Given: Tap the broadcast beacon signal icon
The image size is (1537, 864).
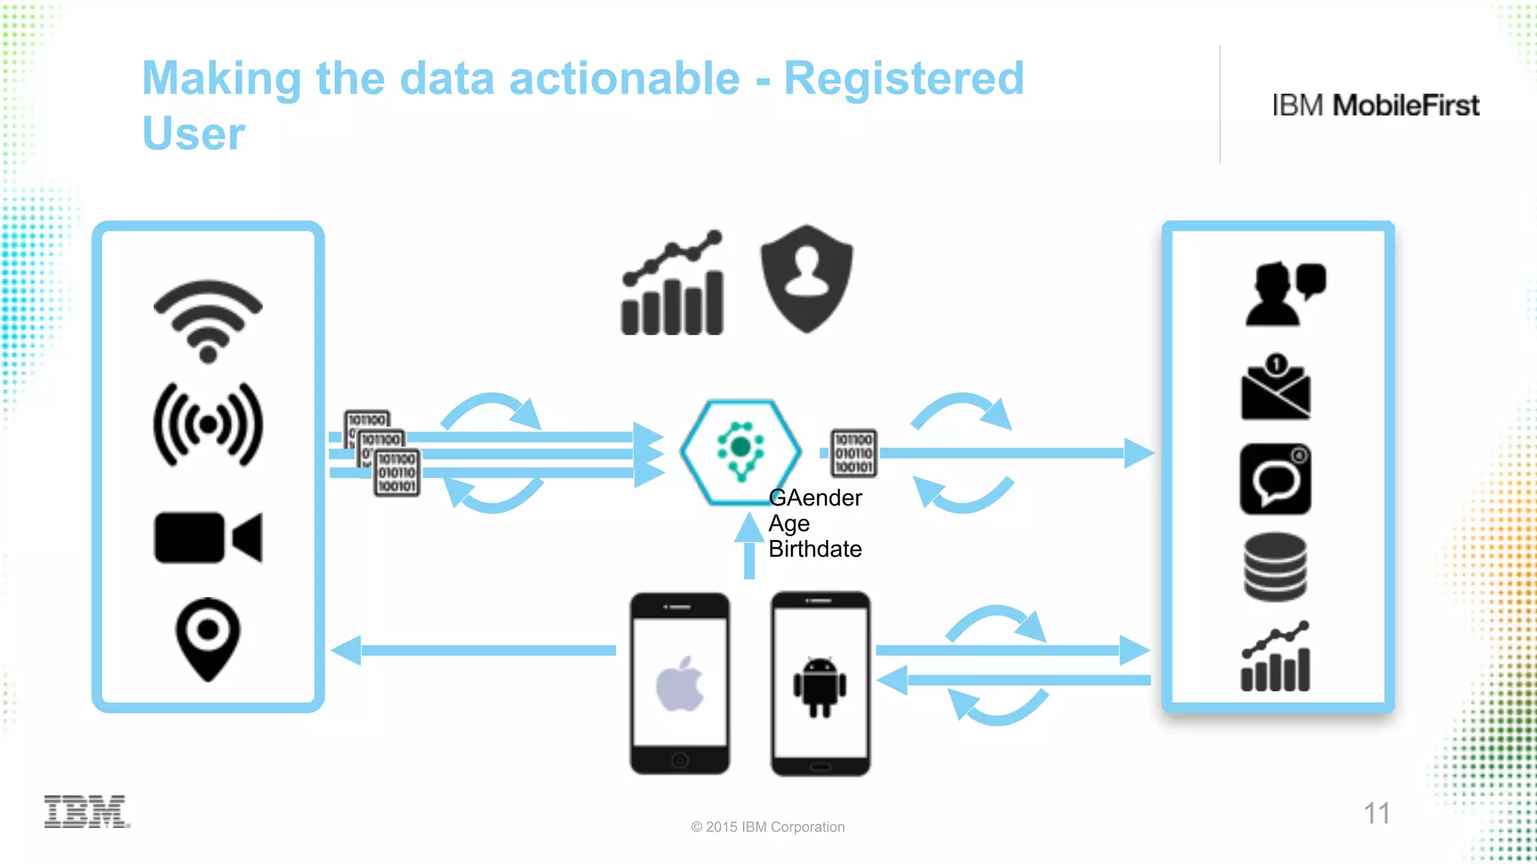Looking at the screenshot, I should (x=208, y=424).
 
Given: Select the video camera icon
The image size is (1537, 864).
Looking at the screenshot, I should (x=208, y=537).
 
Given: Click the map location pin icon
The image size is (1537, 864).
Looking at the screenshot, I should (x=208, y=637).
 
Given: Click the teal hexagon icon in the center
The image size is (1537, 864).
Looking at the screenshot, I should (x=740, y=451).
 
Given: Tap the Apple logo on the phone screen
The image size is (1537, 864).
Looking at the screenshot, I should (x=680, y=683).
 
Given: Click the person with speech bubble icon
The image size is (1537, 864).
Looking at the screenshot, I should (x=1284, y=293).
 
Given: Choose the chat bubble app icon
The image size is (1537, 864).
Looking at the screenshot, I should (x=1275, y=478).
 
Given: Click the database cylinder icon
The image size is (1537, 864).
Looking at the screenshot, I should (x=1275, y=567).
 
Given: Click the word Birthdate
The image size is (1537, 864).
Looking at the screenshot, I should (x=815, y=549).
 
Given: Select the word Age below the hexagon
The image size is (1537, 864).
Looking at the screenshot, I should (x=789, y=523).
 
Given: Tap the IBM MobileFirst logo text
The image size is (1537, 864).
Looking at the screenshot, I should (x=1376, y=106).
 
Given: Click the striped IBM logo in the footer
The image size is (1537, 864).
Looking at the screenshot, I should (x=86, y=811).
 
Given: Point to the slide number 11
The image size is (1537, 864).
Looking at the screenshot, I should (x=1376, y=813).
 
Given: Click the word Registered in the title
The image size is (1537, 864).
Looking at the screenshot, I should (x=904, y=78).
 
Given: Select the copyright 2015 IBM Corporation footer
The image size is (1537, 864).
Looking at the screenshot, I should (x=768, y=826).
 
